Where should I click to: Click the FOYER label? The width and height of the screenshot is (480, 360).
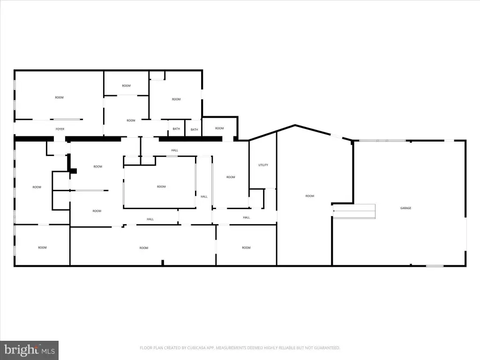point(60,129)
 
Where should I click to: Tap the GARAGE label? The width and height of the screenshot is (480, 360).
point(405,208)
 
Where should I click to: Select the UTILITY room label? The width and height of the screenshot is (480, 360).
point(263,165)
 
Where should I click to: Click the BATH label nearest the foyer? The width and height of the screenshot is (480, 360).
point(176,129)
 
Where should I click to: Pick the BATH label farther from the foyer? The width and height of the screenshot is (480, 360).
point(194,129)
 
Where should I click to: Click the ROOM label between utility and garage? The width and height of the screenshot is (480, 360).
point(309,196)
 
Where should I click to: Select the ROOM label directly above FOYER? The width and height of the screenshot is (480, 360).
point(59,97)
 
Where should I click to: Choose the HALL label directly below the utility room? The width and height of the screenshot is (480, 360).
point(246,217)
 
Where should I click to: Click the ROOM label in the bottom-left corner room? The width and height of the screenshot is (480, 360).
point(42,247)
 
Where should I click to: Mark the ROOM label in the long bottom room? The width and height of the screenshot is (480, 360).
point(143,248)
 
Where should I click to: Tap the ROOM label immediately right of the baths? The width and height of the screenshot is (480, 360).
point(219,128)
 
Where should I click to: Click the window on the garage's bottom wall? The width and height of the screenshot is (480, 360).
point(435,266)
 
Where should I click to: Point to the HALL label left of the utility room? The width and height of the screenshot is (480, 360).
point(174,150)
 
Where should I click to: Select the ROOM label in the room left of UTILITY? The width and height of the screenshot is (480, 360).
point(230,177)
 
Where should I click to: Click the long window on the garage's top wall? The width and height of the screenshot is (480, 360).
point(382,140)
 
